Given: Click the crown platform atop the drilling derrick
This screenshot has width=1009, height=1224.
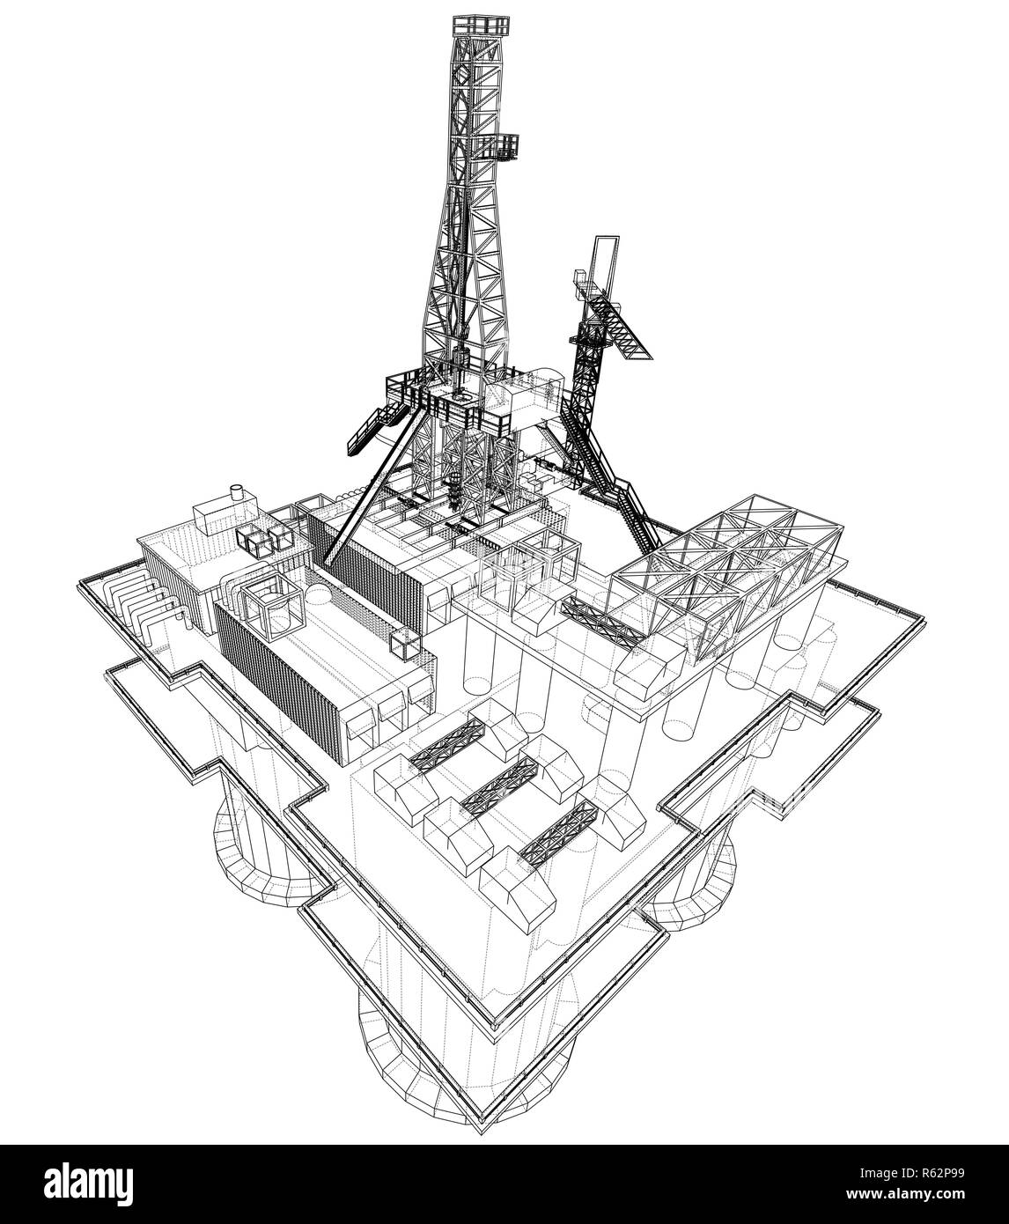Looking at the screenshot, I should coord(480,26).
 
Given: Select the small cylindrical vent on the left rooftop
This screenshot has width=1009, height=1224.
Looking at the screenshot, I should coord(235,492).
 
